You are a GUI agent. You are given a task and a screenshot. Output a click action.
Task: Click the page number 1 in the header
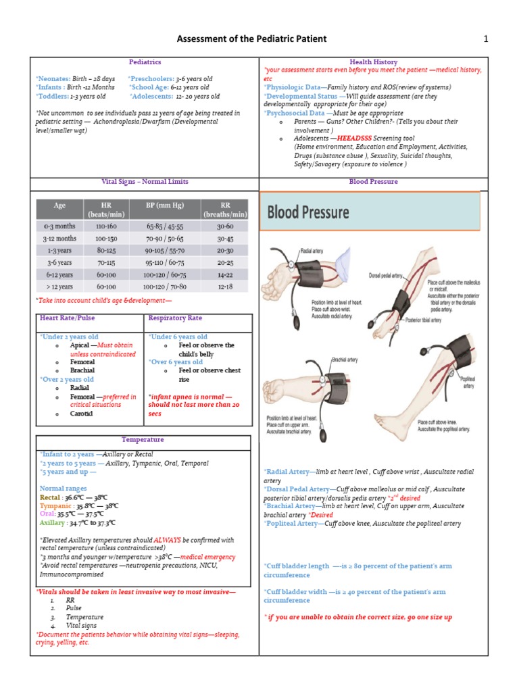pyautogui.click(x=485, y=39)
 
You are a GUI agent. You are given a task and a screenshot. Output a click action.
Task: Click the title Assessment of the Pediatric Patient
pyautogui.click(x=251, y=39)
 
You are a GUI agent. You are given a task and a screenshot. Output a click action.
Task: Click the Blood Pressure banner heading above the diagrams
pyautogui.click(x=309, y=213)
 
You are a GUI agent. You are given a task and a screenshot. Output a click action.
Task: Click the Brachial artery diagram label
pyautogui.click(x=344, y=360)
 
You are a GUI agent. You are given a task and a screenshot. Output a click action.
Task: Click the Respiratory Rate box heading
pyautogui.click(x=175, y=318)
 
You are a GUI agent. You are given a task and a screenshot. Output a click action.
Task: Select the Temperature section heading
pyautogui.click(x=143, y=440)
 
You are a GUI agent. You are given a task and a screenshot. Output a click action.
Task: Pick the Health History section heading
pyautogui.click(x=373, y=62)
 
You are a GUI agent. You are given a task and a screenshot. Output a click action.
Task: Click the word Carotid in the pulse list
pyautogui.click(x=82, y=414)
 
